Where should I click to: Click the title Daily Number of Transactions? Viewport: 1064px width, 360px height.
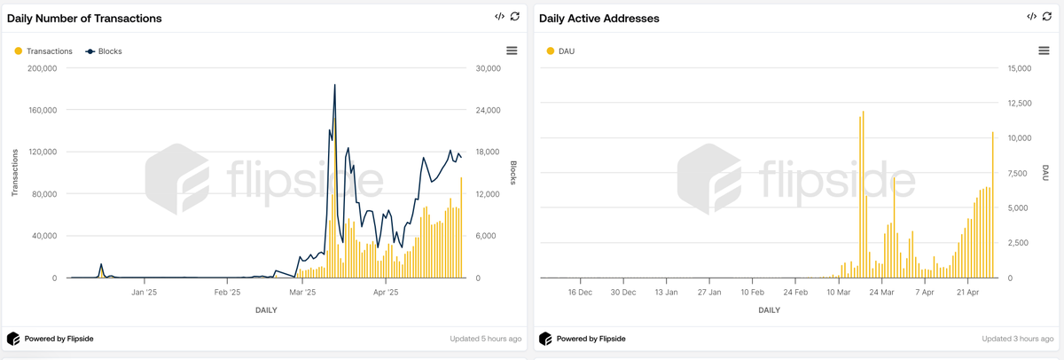84,18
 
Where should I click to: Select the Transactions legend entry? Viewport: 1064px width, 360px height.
49,51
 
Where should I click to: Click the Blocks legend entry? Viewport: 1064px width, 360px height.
109,51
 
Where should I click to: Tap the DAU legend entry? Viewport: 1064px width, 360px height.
566,51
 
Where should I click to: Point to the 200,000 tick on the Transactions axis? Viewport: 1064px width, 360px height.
42,68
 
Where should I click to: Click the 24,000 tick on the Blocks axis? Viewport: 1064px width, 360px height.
489,110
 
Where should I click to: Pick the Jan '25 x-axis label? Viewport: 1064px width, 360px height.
144,292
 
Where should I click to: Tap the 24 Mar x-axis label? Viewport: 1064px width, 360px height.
882,292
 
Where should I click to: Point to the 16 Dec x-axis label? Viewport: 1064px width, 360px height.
579,292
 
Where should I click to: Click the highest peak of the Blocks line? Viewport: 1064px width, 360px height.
334,85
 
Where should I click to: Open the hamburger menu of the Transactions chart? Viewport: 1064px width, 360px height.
512,51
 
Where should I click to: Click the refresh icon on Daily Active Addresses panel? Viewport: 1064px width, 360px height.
1047,17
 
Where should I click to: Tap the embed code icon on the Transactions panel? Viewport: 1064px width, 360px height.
499,17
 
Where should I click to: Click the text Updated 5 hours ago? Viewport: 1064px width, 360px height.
486,339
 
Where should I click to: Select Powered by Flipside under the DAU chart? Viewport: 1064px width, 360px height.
591,339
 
